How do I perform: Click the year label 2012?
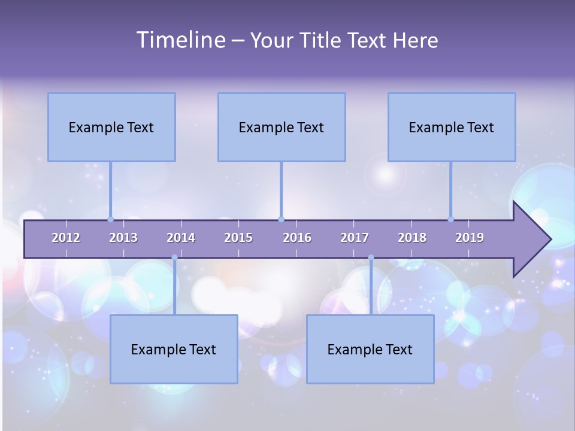[x=66, y=238]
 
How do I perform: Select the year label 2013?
[x=123, y=238]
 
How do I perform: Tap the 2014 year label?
[x=181, y=238]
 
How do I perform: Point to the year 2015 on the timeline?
[x=238, y=238]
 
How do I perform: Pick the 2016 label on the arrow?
[x=297, y=238]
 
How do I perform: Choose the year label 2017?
[x=355, y=238]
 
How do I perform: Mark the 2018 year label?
[x=412, y=238]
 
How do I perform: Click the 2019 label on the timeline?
[x=470, y=238]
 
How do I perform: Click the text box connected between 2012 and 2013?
[x=111, y=127]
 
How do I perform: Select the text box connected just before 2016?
[x=282, y=127]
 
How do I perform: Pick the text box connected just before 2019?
[x=452, y=127]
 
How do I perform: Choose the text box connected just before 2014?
[x=174, y=349]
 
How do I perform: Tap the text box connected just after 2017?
[x=370, y=349]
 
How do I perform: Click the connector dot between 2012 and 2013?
[x=111, y=219]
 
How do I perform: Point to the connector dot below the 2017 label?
[x=371, y=257]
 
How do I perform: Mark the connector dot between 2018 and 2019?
[x=451, y=219]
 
